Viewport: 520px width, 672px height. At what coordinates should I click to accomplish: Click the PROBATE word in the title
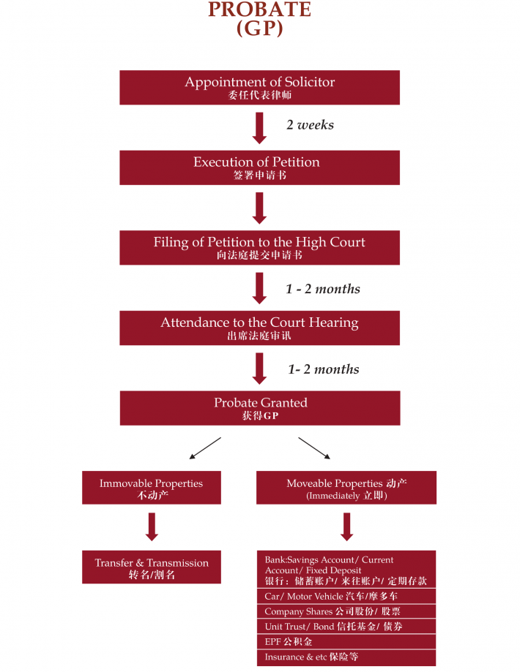tap(259, 10)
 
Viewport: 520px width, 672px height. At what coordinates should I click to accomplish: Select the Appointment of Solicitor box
tap(259, 87)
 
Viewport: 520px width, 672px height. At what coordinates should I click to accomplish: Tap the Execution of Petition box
tap(259, 167)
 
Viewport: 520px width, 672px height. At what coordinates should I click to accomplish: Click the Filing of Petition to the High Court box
tap(259, 248)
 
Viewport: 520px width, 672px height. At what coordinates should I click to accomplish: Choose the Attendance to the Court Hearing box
tap(259, 328)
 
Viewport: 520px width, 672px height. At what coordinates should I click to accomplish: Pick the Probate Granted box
tap(259, 408)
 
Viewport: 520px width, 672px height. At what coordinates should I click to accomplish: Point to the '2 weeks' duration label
tap(310, 125)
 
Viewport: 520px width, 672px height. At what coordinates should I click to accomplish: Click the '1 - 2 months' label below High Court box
tap(322, 289)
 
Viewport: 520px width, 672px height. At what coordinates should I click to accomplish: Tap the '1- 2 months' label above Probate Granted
tap(323, 369)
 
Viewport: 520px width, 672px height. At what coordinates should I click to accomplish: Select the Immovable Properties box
tap(151, 488)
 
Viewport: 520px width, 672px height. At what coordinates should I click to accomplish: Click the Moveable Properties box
tap(346, 488)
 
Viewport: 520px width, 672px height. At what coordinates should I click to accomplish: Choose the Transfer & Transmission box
tap(151, 567)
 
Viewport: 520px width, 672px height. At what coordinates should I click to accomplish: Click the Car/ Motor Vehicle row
tap(346, 596)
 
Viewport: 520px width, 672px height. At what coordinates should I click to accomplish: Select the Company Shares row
tap(346, 611)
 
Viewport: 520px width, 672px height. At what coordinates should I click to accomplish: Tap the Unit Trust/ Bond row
tap(346, 626)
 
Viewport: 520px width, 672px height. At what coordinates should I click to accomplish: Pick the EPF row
tap(346, 641)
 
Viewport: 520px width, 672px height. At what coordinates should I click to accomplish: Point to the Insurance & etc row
tap(346, 657)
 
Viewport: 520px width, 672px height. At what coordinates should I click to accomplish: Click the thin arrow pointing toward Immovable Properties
tap(204, 448)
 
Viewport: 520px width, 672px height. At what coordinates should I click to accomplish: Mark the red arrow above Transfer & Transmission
tap(152, 526)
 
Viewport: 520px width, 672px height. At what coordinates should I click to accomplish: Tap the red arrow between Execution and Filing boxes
tap(259, 208)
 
